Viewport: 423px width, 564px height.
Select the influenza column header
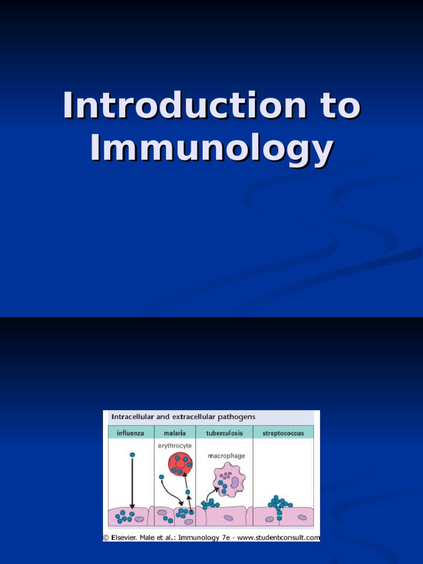(130, 433)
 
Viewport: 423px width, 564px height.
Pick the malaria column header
(175, 433)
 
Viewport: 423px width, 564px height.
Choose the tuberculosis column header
(224, 433)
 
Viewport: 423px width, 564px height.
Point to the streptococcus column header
(283, 433)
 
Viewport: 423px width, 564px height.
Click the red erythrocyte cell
(180, 464)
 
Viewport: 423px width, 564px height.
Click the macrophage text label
(226, 456)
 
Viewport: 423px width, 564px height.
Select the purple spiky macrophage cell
(229, 479)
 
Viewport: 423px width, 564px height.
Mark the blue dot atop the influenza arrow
(132, 455)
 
